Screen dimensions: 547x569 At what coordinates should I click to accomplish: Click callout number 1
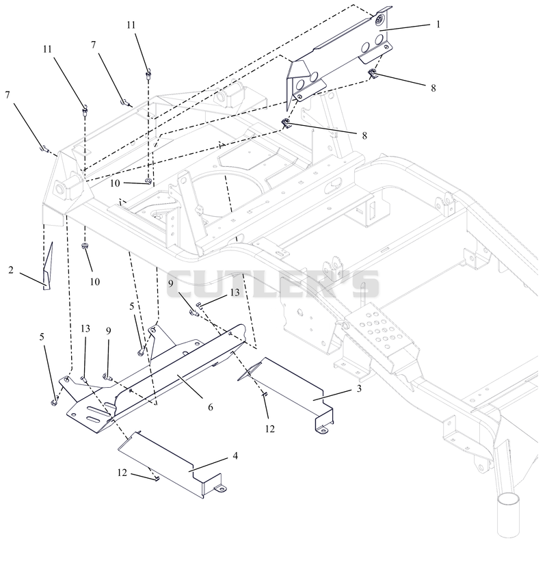pos(438,25)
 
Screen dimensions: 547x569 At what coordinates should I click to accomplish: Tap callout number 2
pos(11,270)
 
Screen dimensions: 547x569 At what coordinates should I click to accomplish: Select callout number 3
pos(359,388)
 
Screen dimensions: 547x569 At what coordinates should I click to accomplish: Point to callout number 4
pos(235,455)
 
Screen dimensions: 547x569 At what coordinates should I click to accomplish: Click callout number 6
pos(211,407)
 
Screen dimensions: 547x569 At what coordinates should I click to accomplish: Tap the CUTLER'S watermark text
pos(273,284)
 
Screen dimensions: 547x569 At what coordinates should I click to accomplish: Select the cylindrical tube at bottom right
pos(508,514)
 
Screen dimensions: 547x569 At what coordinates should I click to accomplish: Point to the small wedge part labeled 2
pos(48,267)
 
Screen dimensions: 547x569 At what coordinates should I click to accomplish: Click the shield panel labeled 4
pos(170,464)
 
